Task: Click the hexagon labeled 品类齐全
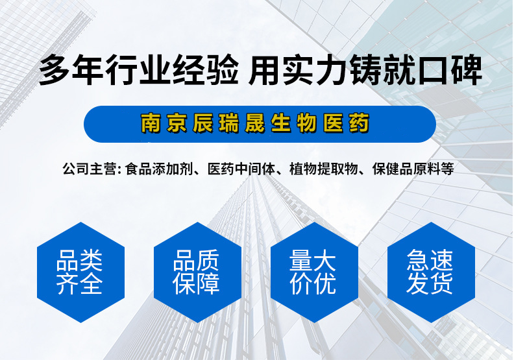click(x=80, y=272)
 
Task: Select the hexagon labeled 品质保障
click(x=197, y=272)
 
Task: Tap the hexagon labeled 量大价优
click(x=314, y=272)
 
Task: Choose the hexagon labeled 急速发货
click(x=431, y=272)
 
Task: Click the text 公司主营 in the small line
click(x=89, y=169)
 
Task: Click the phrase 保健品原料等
click(x=413, y=169)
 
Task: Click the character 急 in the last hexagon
click(x=419, y=260)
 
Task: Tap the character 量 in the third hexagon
click(x=301, y=260)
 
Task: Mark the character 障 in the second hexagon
click(x=208, y=283)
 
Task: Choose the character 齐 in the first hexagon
click(x=68, y=283)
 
